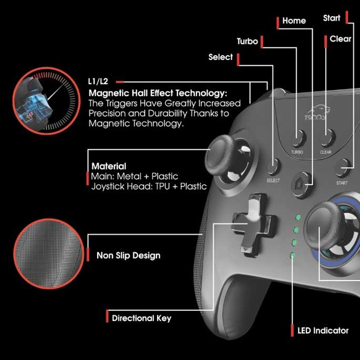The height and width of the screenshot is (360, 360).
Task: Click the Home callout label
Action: pyautogui.click(x=294, y=20)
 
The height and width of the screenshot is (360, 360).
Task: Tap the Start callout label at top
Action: pyautogui.click(x=332, y=18)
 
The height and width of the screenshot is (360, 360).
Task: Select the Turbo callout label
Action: pyautogui.click(x=248, y=42)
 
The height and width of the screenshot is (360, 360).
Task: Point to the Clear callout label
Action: pyautogui.click(x=341, y=39)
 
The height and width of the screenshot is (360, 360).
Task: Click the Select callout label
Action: pyautogui.click(x=221, y=57)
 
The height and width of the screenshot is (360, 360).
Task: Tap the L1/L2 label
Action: pyautogui.click(x=98, y=81)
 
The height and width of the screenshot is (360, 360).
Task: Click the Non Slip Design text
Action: pyautogui.click(x=129, y=255)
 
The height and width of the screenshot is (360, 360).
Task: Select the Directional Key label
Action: pyautogui.click(x=142, y=318)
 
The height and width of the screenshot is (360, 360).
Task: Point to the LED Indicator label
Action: pyautogui.click(x=323, y=331)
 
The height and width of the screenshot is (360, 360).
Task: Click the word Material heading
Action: pyautogui.click(x=109, y=166)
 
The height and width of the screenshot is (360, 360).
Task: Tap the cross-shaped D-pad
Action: pyautogui.click(x=254, y=225)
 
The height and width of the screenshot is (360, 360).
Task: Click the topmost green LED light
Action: pyautogui.click(x=298, y=217)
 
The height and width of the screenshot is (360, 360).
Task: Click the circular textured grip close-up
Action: pyautogui.click(x=49, y=254)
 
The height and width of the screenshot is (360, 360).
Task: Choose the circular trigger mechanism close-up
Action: pyautogui.click(x=47, y=101)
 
